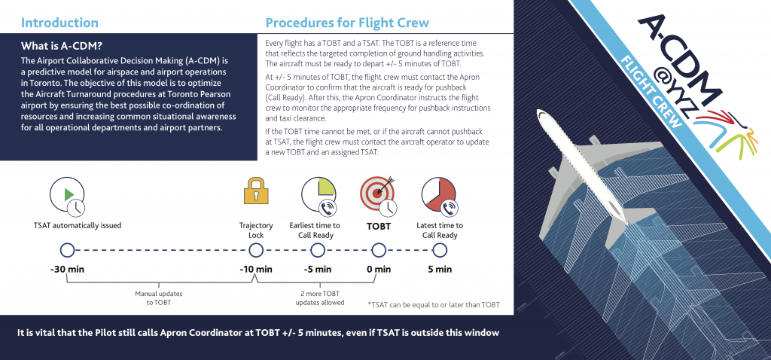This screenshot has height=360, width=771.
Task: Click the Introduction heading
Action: pyautogui.click(x=59, y=23)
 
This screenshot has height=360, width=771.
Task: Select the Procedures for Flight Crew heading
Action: pyautogui.click(x=347, y=23)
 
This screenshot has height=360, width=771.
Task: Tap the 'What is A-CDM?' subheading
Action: pyautogui.click(x=62, y=47)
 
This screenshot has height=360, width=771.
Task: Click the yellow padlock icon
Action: pyautogui.click(x=256, y=191)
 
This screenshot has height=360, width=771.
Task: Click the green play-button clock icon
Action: pyautogui.click(x=67, y=196)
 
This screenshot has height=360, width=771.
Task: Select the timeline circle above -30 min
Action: pyautogui.click(x=67, y=250)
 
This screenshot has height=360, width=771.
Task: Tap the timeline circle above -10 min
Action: pyautogui.click(x=256, y=250)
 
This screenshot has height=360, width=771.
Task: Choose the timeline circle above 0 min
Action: pyautogui.click(x=378, y=250)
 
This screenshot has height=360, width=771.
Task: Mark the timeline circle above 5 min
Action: pyautogui.click(x=440, y=250)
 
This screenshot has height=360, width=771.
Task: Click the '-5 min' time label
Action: pyautogui.click(x=317, y=270)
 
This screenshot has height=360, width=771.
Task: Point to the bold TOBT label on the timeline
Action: pyautogui.click(x=379, y=227)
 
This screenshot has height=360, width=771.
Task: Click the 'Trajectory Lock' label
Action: pyautogui.click(x=256, y=230)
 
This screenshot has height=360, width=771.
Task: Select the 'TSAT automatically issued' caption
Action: pyautogui.click(x=78, y=226)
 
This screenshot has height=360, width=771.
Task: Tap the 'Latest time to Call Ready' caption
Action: pyautogui.click(x=440, y=230)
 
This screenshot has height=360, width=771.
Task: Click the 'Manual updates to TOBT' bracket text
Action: pyautogui.click(x=159, y=298)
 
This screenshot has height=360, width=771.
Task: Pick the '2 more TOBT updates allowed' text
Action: pyautogui.click(x=319, y=298)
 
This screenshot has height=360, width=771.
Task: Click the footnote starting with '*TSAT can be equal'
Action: pyautogui.click(x=434, y=305)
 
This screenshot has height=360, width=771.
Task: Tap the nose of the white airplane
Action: pyautogui.click(x=540, y=114)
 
